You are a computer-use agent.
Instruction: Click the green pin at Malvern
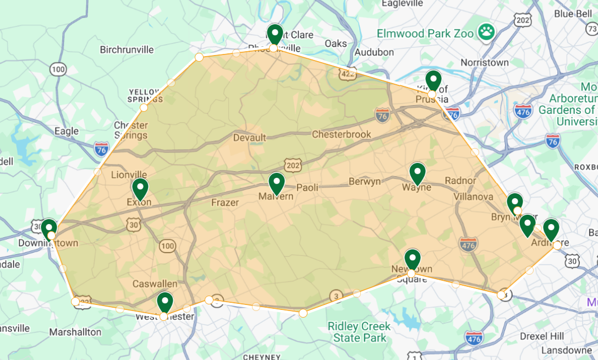click(x=276, y=183)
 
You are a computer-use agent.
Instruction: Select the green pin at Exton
click(x=140, y=189)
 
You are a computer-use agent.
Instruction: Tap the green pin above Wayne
click(x=418, y=173)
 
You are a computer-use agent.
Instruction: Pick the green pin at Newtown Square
click(x=412, y=260)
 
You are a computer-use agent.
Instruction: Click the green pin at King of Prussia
click(x=434, y=81)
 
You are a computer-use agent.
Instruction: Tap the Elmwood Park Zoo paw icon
click(x=486, y=32)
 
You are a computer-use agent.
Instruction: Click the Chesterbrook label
click(x=341, y=134)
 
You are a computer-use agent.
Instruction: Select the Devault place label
click(x=249, y=138)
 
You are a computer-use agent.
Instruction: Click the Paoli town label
click(x=308, y=187)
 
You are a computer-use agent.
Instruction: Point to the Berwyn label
click(x=365, y=182)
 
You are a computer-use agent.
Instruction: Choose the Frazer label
click(x=225, y=203)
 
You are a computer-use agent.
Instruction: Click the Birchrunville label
click(x=127, y=50)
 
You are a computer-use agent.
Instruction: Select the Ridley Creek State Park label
click(x=359, y=331)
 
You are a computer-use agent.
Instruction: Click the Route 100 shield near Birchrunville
click(x=58, y=69)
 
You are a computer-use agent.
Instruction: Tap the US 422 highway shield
click(x=348, y=74)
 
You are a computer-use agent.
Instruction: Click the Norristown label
click(x=484, y=62)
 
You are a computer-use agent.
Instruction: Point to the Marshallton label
click(x=75, y=332)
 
